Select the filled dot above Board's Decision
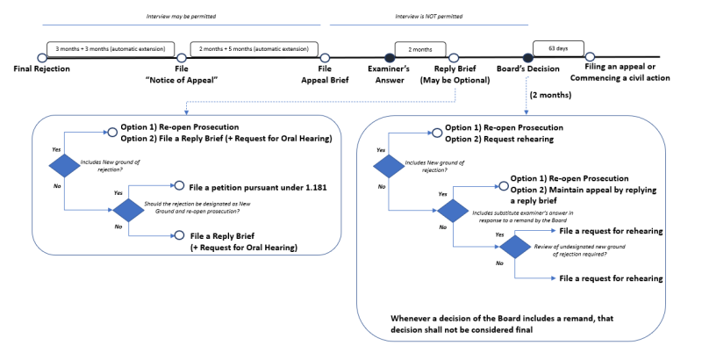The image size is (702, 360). point(528,58)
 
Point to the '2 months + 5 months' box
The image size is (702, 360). point(254,50)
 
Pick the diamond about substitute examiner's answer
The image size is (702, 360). point(452,211)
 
